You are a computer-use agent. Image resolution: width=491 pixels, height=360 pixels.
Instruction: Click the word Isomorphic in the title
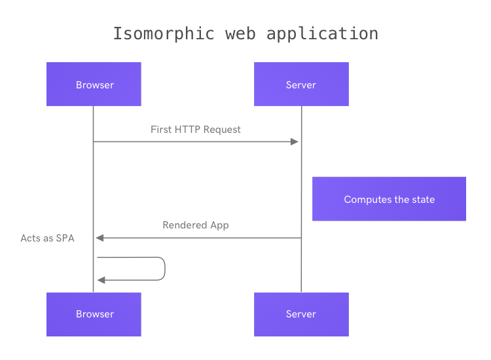click(x=164, y=33)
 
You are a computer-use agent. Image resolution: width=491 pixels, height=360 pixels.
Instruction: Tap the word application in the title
click(x=322, y=34)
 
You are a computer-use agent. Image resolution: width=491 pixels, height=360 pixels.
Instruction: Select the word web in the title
click(x=240, y=34)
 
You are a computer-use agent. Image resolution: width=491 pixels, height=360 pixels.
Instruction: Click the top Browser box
click(x=94, y=84)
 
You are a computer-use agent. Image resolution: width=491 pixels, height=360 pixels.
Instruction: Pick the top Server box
click(x=301, y=84)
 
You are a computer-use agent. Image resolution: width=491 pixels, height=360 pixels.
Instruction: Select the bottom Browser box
click(x=94, y=314)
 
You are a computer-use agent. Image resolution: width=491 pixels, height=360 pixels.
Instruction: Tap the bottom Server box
click(x=301, y=314)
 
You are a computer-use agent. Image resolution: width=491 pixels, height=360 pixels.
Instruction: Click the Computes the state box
click(x=389, y=199)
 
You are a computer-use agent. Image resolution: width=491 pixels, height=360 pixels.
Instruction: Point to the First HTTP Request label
click(x=195, y=130)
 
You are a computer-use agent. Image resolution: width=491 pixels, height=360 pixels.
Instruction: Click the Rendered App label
click(x=195, y=225)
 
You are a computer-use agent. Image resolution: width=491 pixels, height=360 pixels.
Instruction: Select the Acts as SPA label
click(x=47, y=238)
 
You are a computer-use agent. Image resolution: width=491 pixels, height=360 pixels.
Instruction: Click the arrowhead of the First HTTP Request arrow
click(x=295, y=142)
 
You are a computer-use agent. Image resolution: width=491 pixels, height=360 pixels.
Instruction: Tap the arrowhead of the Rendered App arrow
click(x=100, y=238)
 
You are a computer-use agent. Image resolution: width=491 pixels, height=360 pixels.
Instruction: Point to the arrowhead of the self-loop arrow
click(x=101, y=280)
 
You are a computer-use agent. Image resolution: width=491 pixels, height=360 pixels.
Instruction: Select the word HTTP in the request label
click(x=187, y=130)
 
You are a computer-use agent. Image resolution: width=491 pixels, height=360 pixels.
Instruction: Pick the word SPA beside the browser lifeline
click(x=65, y=238)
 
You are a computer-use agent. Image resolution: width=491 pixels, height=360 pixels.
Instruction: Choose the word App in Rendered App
click(x=219, y=225)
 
